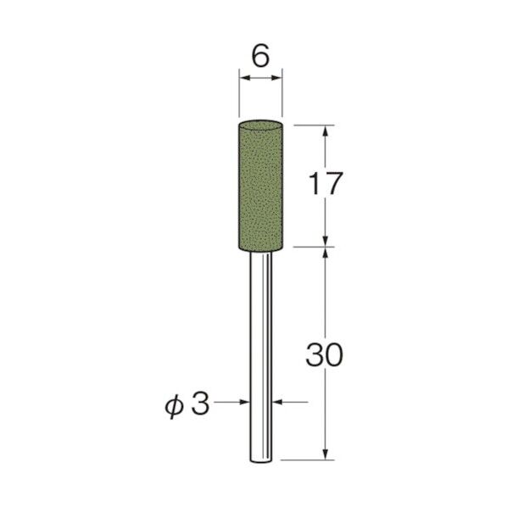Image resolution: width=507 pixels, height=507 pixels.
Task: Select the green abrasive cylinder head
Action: [x=260, y=184]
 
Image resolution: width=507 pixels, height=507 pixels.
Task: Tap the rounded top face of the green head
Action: [x=260, y=120]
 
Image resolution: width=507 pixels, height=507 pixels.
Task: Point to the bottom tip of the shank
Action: [x=260, y=460]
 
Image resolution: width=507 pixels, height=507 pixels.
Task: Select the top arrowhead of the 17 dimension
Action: [x=326, y=130]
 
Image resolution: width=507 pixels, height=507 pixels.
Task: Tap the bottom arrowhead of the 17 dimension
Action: [x=326, y=242]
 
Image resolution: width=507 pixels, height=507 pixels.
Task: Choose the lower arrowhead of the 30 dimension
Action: [x=326, y=455]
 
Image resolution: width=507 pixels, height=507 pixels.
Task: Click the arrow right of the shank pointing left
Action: [x=278, y=404]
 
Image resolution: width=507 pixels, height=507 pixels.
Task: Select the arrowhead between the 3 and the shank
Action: [x=243, y=404]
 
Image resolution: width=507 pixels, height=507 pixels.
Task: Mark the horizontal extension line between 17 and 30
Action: [x=309, y=248]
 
